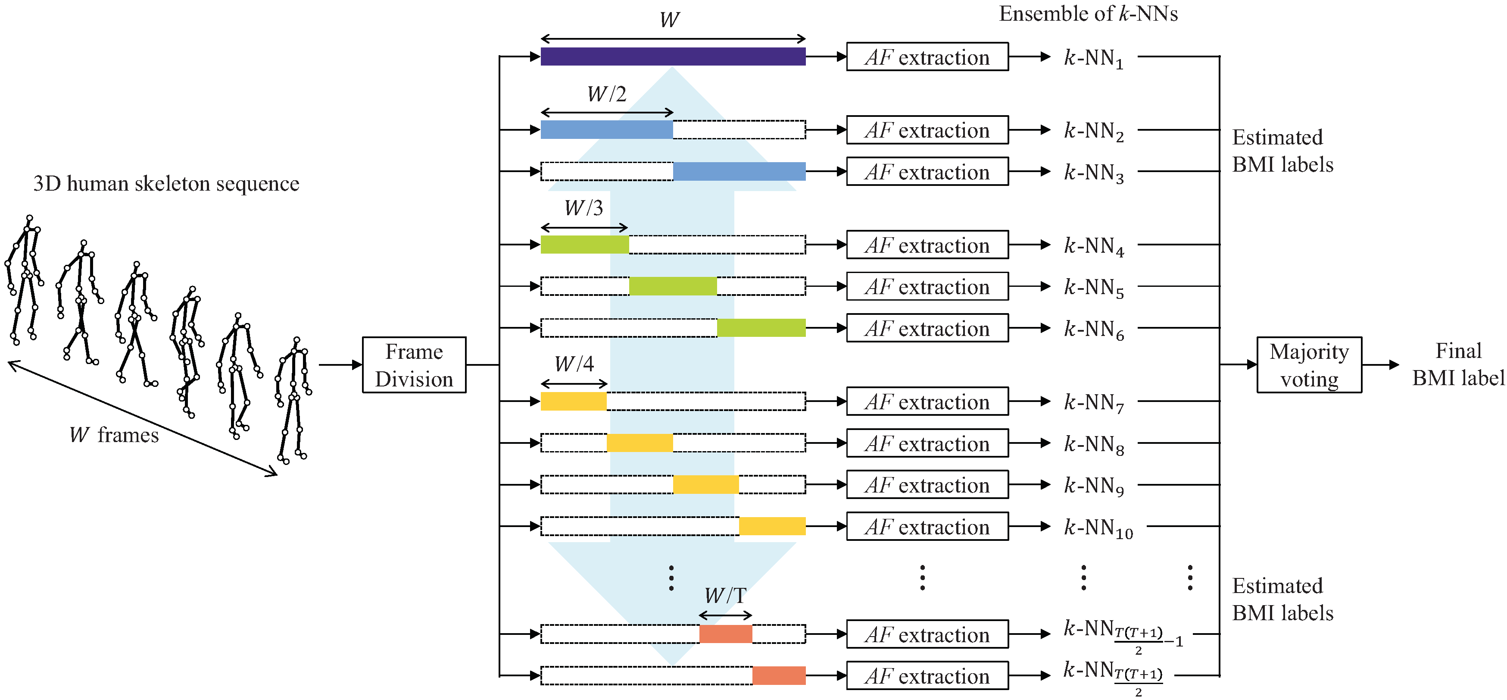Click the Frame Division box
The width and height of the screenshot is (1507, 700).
(414, 364)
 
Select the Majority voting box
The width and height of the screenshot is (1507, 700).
(1309, 364)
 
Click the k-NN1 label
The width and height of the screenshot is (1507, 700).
(1093, 59)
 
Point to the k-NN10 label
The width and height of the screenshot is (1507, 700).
(1098, 528)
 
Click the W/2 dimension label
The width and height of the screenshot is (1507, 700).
(607, 94)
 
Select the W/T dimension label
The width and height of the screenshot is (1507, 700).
(725, 595)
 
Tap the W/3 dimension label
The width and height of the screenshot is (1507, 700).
(583, 208)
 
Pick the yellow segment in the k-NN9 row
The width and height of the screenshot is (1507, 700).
(705, 485)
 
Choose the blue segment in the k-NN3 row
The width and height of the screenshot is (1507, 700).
(739, 172)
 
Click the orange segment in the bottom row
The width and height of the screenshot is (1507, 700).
(779, 675)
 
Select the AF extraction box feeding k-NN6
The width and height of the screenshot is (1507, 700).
(927, 328)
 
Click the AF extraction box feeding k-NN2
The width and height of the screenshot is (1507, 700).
(927, 130)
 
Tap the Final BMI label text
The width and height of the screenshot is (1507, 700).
(1458, 364)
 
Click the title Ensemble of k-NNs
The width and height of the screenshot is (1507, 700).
(1088, 13)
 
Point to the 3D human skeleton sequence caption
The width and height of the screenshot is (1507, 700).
(166, 184)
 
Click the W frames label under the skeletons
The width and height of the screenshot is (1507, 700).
(114, 435)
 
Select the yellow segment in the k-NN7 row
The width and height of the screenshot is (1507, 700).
(573, 402)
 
